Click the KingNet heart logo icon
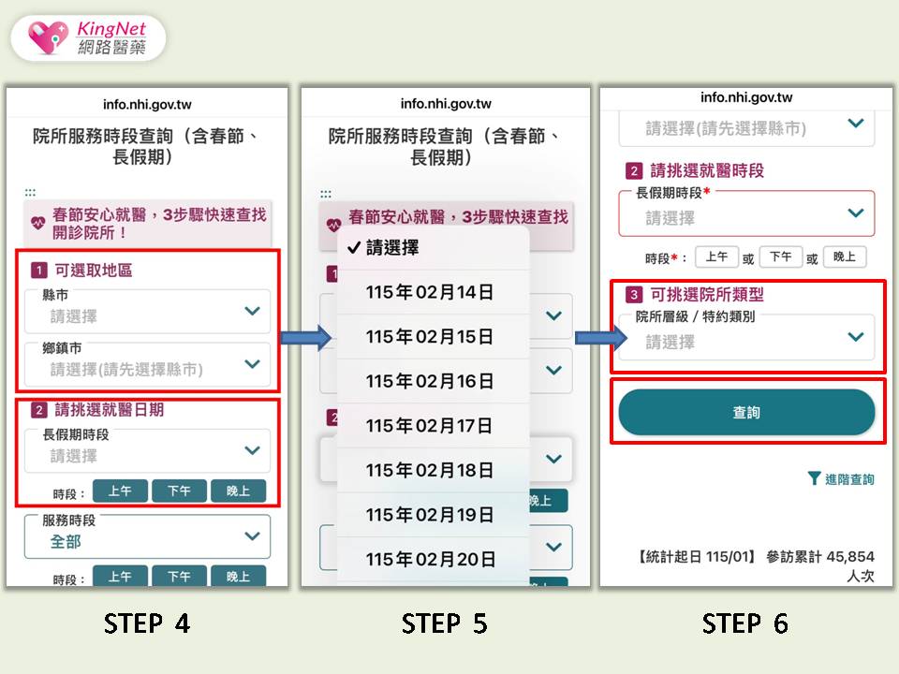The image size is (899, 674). [48, 37]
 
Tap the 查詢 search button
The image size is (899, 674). [746, 412]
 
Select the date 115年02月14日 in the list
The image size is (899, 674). [430, 292]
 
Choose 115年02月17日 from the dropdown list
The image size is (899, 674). [430, 426]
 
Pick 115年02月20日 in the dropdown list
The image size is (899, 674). [431, 560]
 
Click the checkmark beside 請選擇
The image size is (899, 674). [354, 247]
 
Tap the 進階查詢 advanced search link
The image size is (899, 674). [841, 479]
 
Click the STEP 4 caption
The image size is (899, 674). [147, 623]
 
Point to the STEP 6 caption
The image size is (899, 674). [745, 623]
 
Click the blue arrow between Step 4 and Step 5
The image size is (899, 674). [306, 338]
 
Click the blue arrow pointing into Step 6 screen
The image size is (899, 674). [601, 338]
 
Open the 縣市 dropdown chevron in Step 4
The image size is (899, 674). [252, 311]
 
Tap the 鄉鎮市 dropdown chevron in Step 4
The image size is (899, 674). [252, 364]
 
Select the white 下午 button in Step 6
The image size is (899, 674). [781, 256]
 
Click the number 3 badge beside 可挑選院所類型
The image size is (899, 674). [634, 295]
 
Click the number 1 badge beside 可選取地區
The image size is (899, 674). [38, 270]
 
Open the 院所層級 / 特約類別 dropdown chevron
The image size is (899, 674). [856, 337]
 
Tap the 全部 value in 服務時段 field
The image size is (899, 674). [66, 542]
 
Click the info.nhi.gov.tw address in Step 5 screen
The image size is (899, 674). [446, 104]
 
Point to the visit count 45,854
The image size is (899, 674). [850, 556]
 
